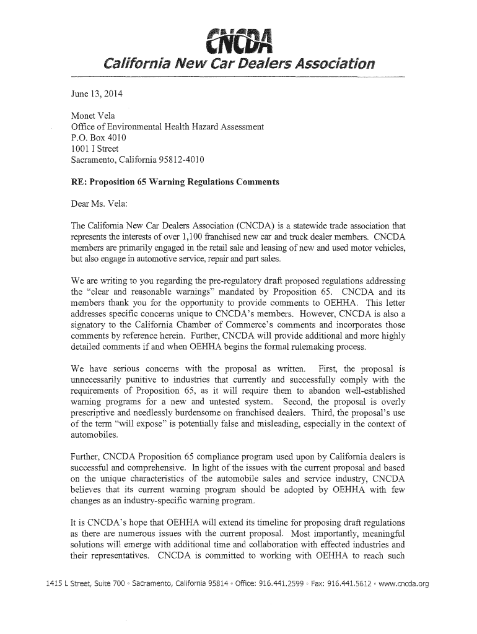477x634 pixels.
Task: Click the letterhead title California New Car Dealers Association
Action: [x=238, y=64]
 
